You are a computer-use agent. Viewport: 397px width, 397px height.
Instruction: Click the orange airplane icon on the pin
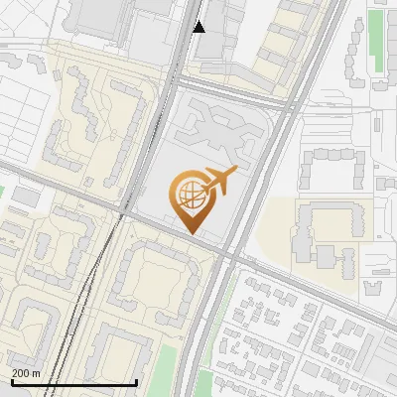219,181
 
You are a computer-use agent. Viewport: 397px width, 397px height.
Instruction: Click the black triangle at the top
198,26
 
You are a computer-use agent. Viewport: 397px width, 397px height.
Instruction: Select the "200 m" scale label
26,372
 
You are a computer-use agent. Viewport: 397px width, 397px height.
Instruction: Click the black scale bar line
73,382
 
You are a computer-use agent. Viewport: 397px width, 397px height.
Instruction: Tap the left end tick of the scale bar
12,382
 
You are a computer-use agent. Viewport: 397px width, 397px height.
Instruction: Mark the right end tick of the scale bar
136,382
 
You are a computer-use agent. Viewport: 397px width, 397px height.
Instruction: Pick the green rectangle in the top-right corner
377,40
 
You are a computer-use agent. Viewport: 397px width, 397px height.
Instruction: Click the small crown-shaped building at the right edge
373,288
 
